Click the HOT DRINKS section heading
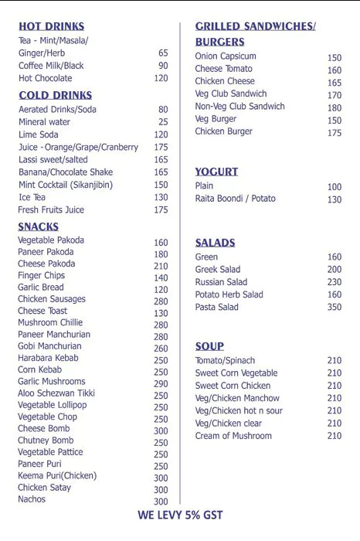[51, 26]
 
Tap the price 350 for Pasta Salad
[334, 308]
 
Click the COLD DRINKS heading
[55, 95]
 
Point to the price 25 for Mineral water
[163, 122]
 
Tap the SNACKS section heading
[39, 226]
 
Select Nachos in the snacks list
[32, 499]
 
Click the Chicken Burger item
[223, 132]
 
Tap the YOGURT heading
[216, 172]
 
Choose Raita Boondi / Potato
[235, 199]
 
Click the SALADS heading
[215, 243]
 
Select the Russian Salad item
[221, 282]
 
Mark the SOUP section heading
[209, 346]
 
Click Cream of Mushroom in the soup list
[233, 436]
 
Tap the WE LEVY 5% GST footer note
[180, 515]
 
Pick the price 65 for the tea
[163, 53]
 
